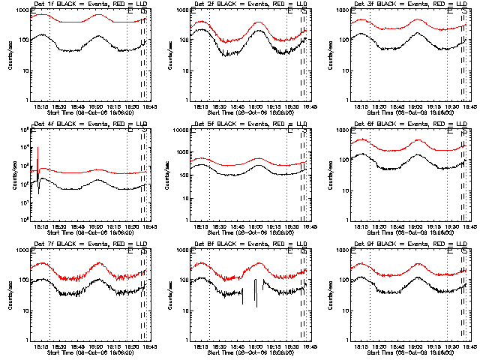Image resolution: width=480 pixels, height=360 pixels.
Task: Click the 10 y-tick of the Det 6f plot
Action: (x=343, y=190)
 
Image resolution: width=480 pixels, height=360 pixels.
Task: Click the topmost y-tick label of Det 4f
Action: (x=23, y=130)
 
